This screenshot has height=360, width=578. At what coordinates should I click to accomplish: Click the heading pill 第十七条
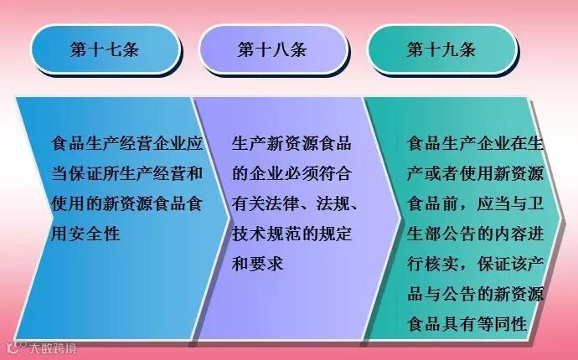point(105,49)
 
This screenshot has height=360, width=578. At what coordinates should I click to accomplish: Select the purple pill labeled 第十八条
point(272,49)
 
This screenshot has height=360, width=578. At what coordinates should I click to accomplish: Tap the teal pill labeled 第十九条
point(441,49)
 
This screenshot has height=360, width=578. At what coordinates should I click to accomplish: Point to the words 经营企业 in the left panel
point(154,143)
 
